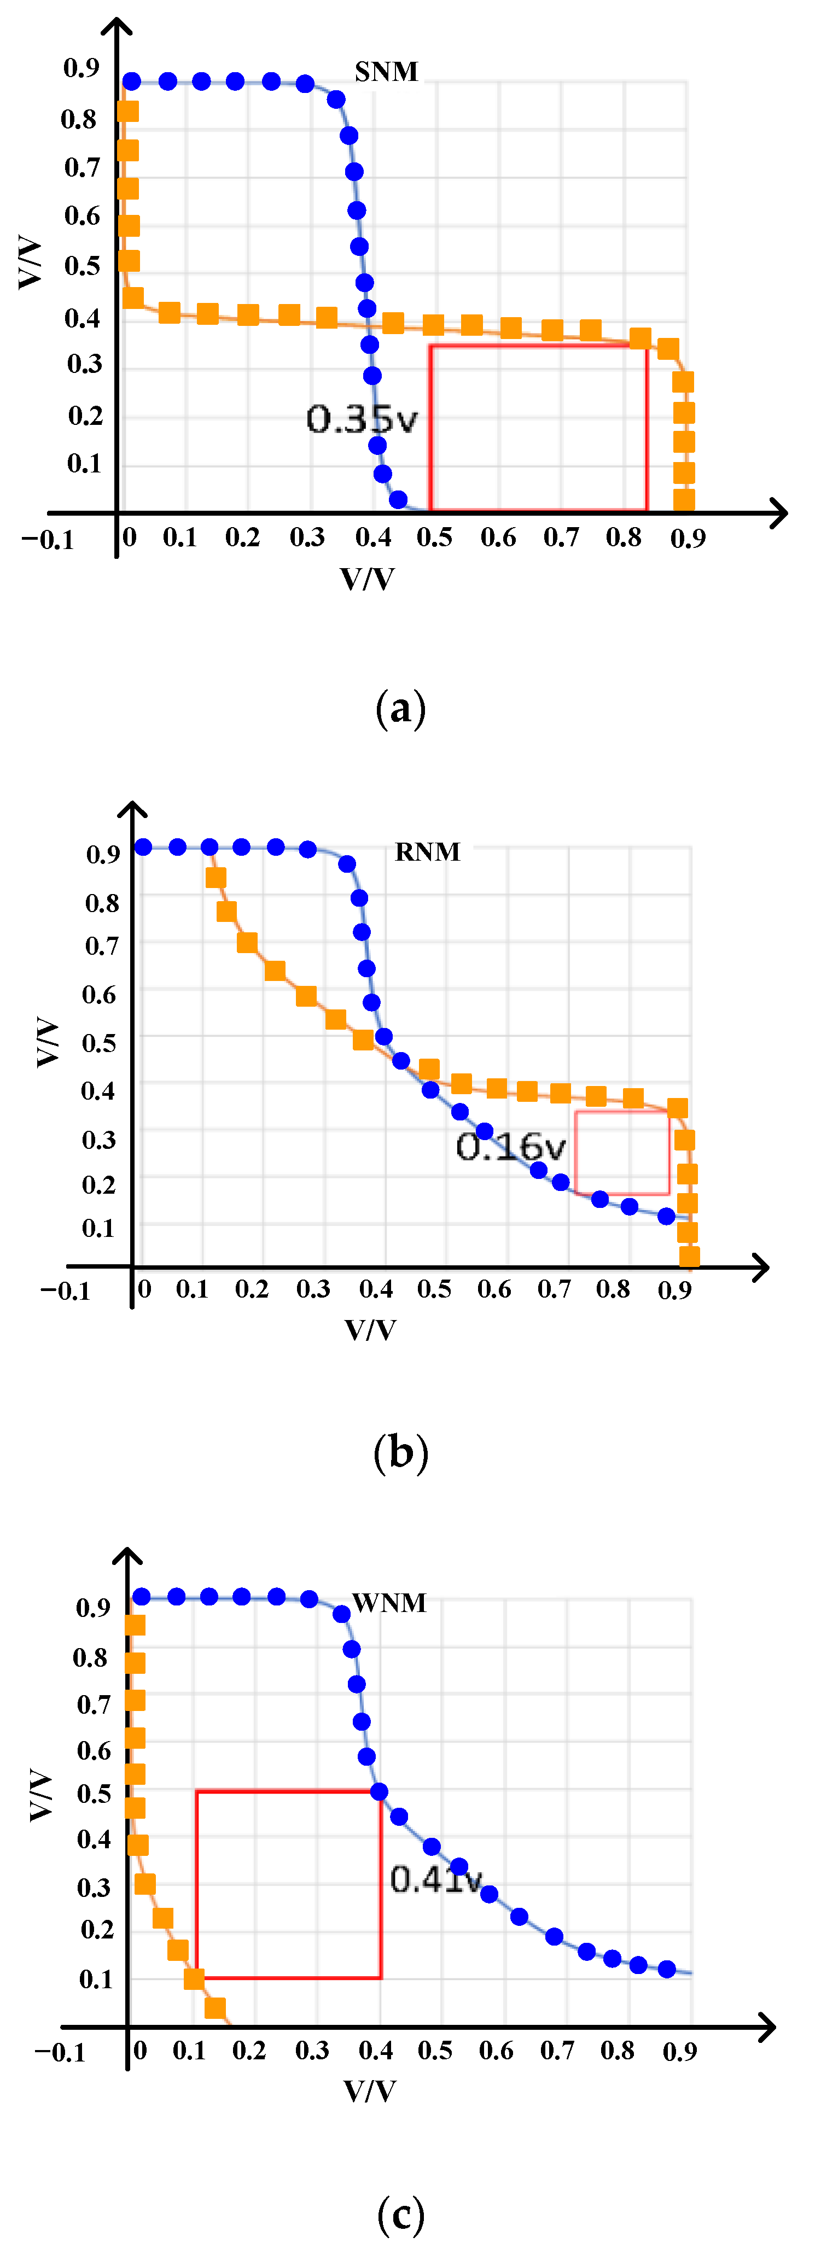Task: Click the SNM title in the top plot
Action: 386,72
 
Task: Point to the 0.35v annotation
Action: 362,419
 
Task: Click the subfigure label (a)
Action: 401,708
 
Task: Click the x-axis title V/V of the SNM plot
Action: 368,579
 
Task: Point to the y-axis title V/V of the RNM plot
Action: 48,1042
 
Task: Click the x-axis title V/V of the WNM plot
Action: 369,2090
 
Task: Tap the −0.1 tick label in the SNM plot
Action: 48,540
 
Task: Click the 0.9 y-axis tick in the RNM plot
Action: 103,854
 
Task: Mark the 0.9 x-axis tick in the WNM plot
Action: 680,2051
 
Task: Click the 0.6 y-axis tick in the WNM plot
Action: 94,1750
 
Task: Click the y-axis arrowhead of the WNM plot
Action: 128,1559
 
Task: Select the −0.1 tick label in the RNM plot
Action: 65,1290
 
